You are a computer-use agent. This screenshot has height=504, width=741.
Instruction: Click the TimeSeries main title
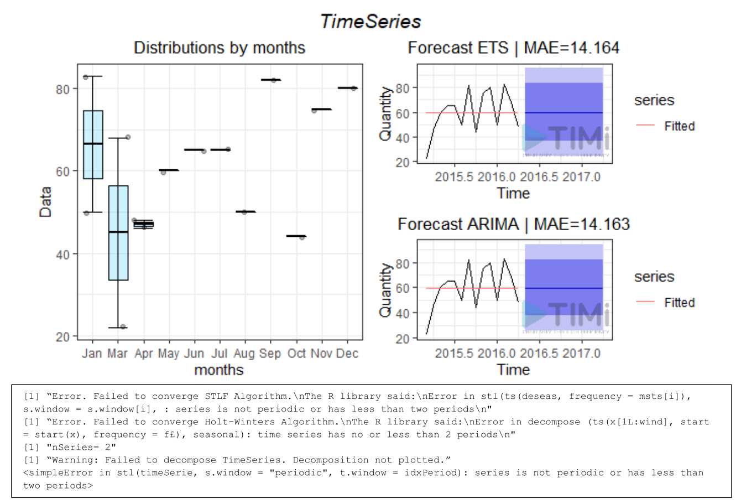tap(370, 22)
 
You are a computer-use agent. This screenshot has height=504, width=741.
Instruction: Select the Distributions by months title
tap(220, 48)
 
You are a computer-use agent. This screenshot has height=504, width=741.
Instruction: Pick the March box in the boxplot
tap(118, 232)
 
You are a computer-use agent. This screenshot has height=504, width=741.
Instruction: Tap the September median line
tap(270, 80)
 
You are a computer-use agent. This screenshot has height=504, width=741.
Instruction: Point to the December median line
tap(347, 88)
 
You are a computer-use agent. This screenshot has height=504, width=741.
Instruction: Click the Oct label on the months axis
tap(296, 354)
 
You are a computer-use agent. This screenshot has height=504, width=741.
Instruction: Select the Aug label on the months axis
tap(244, 354)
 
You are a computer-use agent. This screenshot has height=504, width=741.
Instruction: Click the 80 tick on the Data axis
tap(63, 89)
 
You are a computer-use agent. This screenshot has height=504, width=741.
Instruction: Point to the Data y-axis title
tap(45, 201)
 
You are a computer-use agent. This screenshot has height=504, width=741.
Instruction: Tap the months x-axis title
tap(219, 370)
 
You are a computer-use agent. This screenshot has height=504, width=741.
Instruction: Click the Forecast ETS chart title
tap(513, 48)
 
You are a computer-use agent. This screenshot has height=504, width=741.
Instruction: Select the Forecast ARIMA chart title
tap(513, 224)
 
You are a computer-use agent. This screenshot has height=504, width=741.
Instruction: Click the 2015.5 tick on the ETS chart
tap(454, 177)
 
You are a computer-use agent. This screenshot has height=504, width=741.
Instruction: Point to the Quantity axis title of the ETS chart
tap(385, 113)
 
